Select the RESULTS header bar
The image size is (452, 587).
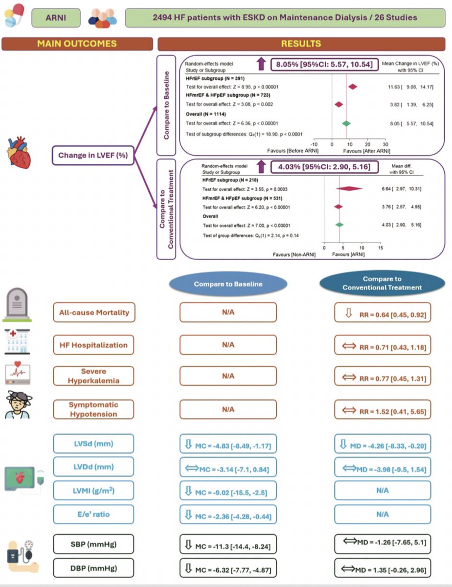(x=300, y=44)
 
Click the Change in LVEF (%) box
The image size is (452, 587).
(x=93, y=156)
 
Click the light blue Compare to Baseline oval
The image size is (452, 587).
(x=227, y=284)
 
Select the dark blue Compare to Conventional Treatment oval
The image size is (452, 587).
(x=382, y=283)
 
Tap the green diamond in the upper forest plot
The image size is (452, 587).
(x=346, y=123)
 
